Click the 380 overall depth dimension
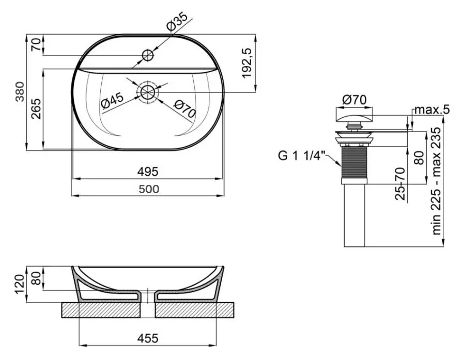click(x=20, y=92)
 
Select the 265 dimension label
click(x=36, y=109)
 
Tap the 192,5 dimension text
click(x=246, y=63)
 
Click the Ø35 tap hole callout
click(x=177, y=21)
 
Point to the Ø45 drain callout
click(x=112, y=100)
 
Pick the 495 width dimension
click(x=148, y=171)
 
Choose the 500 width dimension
click(x=149, y=189)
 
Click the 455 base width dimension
click(x=148, y=338)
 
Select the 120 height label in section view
click(x=20, y=284)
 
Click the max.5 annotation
click(x=432, y=109)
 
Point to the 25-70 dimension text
click(x=400, y=183)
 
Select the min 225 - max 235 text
click(x=437, y=181)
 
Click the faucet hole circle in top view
click(x=148, y=55)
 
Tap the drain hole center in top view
click(x=147, y=92)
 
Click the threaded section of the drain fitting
click(x=354, y=161)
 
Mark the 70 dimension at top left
click(x=36, y=44)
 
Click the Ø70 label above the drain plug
click(x=354, y=100)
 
